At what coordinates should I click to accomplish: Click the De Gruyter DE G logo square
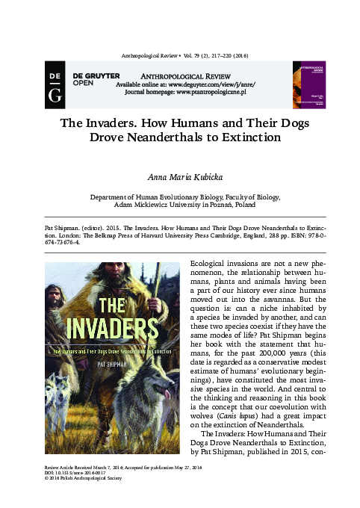55,83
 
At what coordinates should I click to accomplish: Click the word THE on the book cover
114,305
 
